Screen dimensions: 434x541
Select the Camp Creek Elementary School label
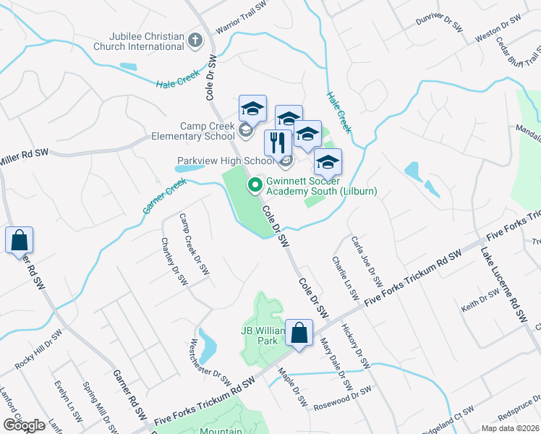192,130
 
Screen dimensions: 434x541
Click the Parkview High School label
226,161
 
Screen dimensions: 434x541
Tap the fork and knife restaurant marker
278,142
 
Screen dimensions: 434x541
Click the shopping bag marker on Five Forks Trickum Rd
299,333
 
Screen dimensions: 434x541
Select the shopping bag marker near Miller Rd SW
19,240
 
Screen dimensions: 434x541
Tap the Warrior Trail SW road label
237,24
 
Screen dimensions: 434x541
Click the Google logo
24,425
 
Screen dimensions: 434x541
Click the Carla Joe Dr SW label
366,260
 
